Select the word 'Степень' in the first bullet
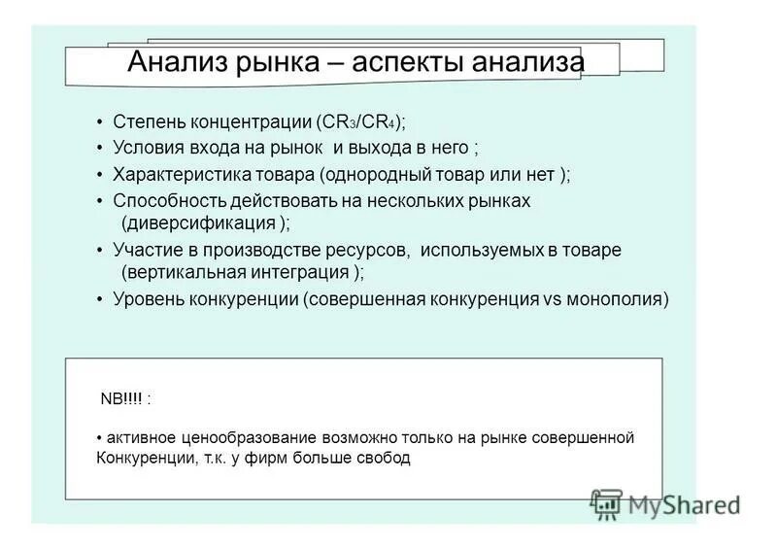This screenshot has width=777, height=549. [147, 122]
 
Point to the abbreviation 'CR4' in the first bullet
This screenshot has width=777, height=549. [374, 122]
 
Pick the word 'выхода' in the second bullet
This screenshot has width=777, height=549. [395, 149]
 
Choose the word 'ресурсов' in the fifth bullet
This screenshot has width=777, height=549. [369, 250]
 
